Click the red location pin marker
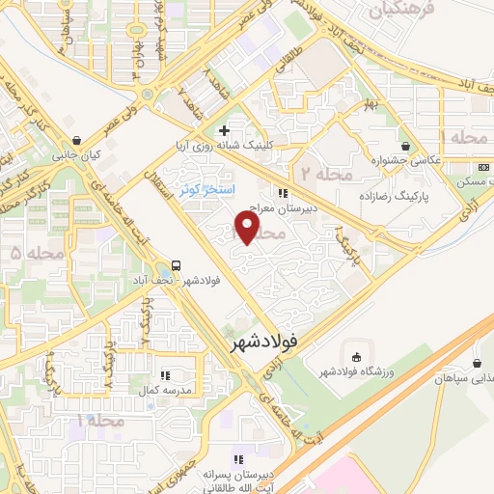tap(248, 228)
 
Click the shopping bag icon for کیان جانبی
tap(76, 139)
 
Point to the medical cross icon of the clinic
tap(225, 130)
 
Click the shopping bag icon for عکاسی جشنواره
tap(406, 147)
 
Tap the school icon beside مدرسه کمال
tap(164, 375)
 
